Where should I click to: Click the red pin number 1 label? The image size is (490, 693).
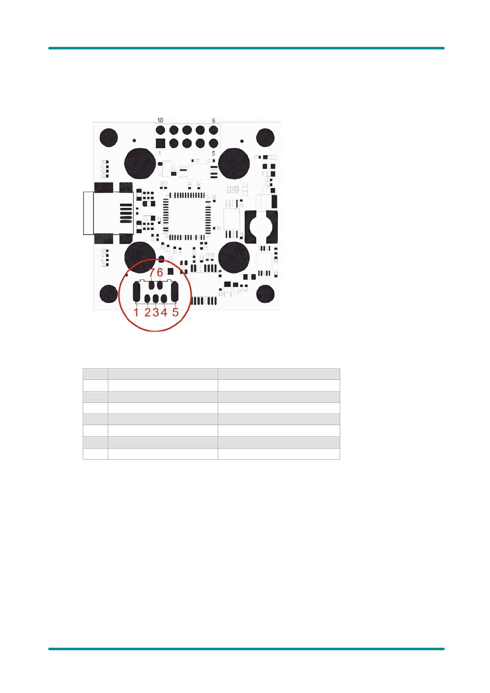tap(136, 312)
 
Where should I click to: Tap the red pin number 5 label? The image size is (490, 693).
tap(175, 312)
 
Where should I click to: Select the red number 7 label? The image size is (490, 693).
tap(152, 272)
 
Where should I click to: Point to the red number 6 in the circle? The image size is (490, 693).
tap(160, 272)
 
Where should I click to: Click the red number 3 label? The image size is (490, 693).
tap(156, 312)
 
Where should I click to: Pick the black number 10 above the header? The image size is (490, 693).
tap(160, 120)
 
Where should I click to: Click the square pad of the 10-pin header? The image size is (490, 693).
tap(160, 143)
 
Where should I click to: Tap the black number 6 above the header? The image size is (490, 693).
tap(214, 120)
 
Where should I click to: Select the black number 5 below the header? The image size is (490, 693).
tap(213, 153)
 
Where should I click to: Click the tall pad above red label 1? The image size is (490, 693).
tap(137, 292)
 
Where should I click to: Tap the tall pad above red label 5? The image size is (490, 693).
tap(174, 292)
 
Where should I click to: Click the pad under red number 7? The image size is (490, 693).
tap(152, 285)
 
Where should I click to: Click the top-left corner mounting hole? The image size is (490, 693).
tap(109, 137)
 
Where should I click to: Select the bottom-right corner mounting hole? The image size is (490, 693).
tap(265, 294)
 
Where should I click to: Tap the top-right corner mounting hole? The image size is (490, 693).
tap(265, 137)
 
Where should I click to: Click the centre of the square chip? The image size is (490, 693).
tap(187, 216)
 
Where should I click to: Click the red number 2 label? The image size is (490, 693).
tap(147, 312)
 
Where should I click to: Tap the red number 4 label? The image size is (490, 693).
tap(164, 312)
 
